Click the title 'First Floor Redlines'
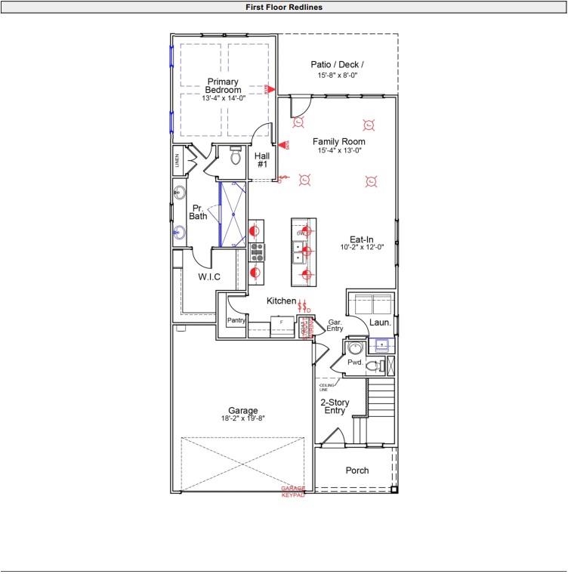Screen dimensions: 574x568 (284, 7)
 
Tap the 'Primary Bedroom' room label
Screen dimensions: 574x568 (223, 86)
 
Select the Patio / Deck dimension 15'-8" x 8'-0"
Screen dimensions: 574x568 (338, 76)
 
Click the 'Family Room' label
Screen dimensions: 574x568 (339, 142)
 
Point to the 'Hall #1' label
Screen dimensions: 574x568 (262, 160)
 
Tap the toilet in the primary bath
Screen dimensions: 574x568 (234, 157)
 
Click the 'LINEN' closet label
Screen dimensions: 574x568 (178, 159)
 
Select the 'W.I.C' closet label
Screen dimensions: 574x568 (209, 277)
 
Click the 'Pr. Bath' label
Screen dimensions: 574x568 (198, 212)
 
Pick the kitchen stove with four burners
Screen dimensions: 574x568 (257, 250)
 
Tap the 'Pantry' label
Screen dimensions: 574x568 (236, 321)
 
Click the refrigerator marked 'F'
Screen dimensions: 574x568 (281, 322)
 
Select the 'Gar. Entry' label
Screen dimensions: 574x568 (335, 326)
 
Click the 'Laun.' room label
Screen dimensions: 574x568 (380, 322)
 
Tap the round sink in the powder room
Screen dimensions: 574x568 (354, 348)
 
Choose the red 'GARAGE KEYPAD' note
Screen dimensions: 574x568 (293, 492)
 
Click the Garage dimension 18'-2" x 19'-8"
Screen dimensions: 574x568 (242, 418)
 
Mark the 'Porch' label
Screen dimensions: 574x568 (357, 471)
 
